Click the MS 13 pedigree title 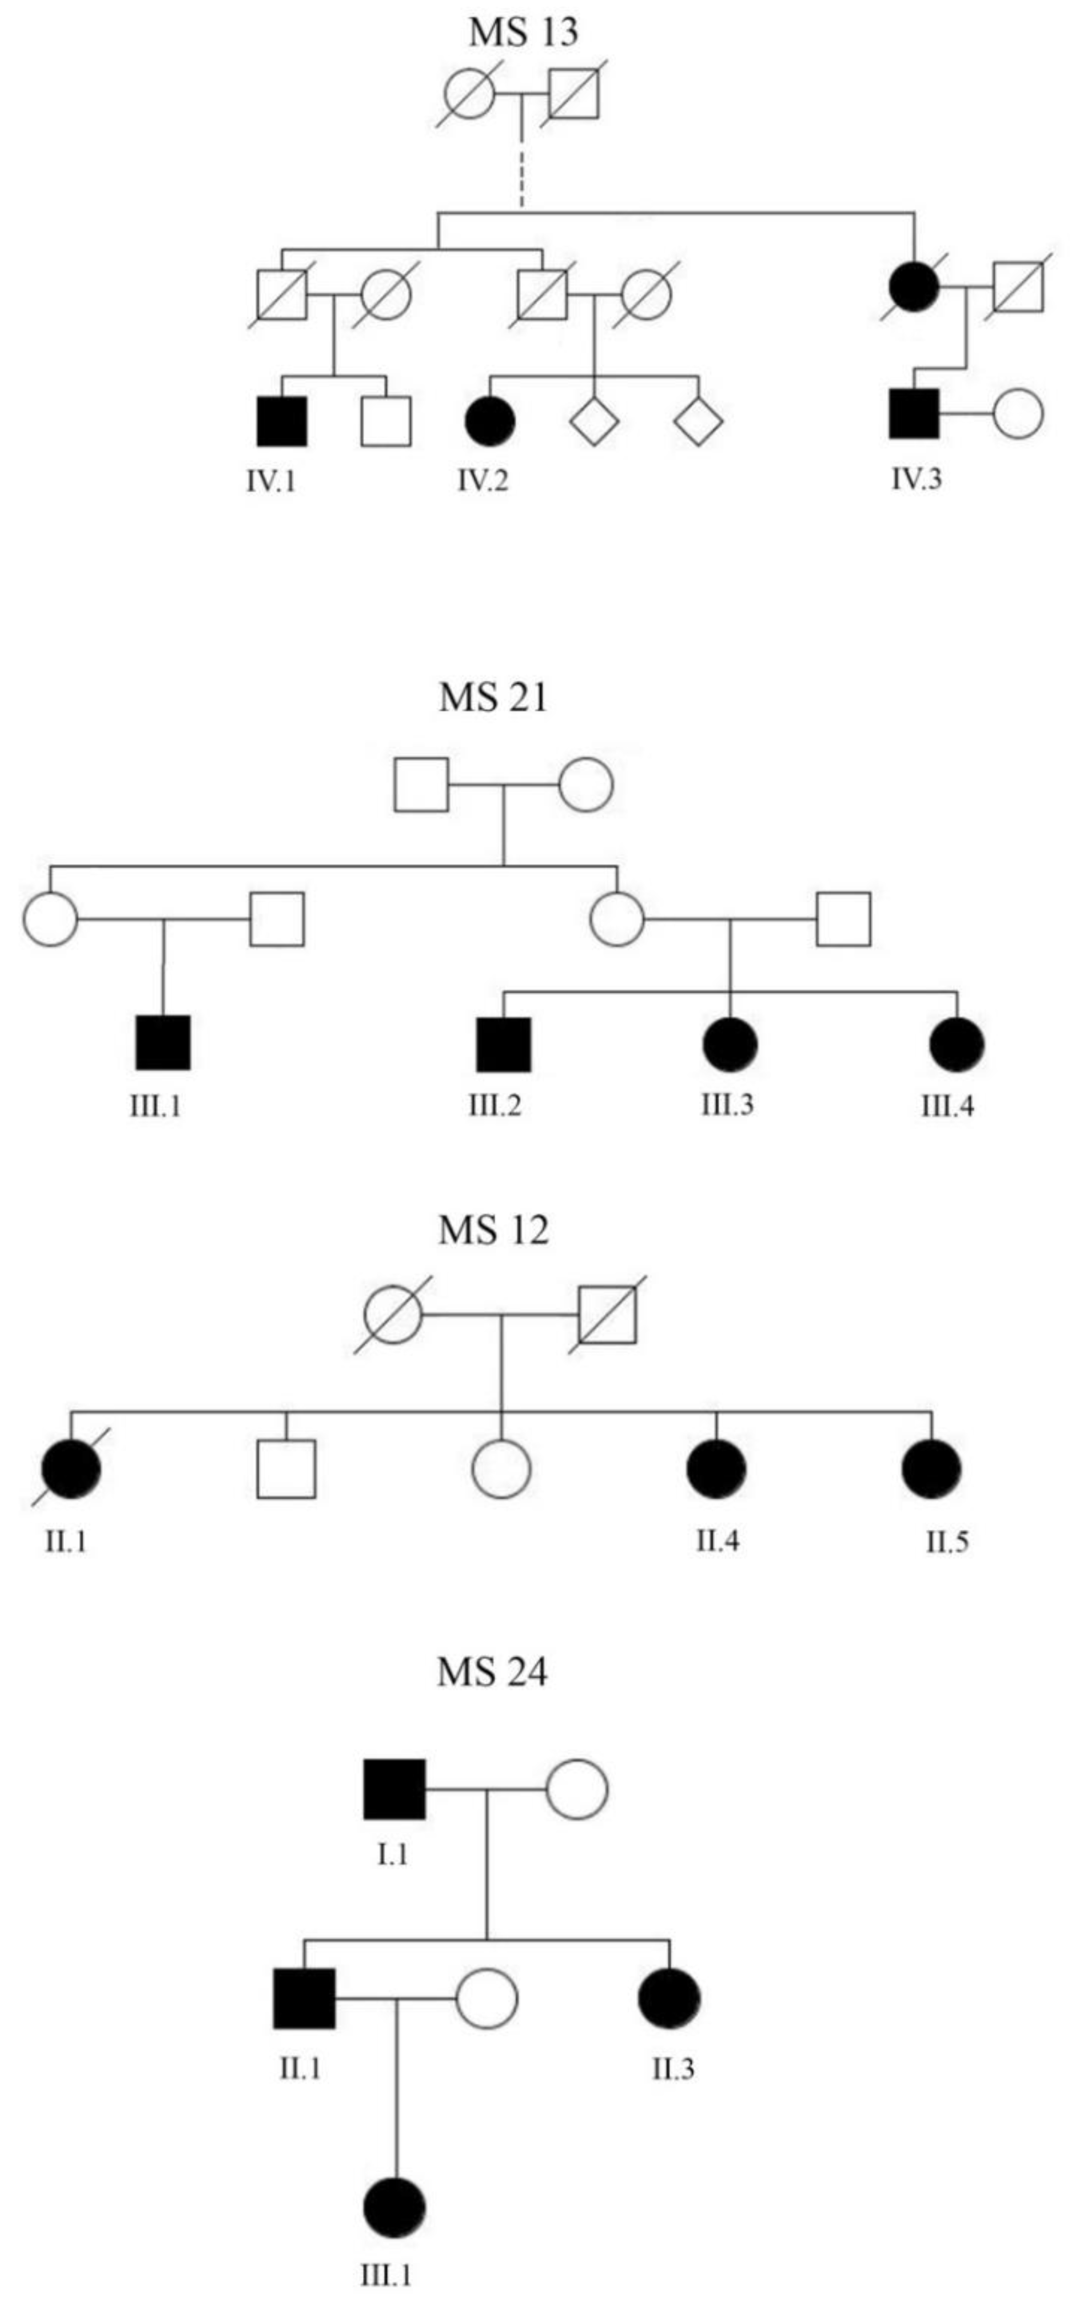[523, 32]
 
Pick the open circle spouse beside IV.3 [1018, 414]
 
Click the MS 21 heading [493, 698]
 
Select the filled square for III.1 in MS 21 [163, 1043]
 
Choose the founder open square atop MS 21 [421, 784]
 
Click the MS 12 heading [493, 1231]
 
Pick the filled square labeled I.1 [394, 1789]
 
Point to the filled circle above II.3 [670, 1998]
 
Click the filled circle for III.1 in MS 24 [394, 2208]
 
